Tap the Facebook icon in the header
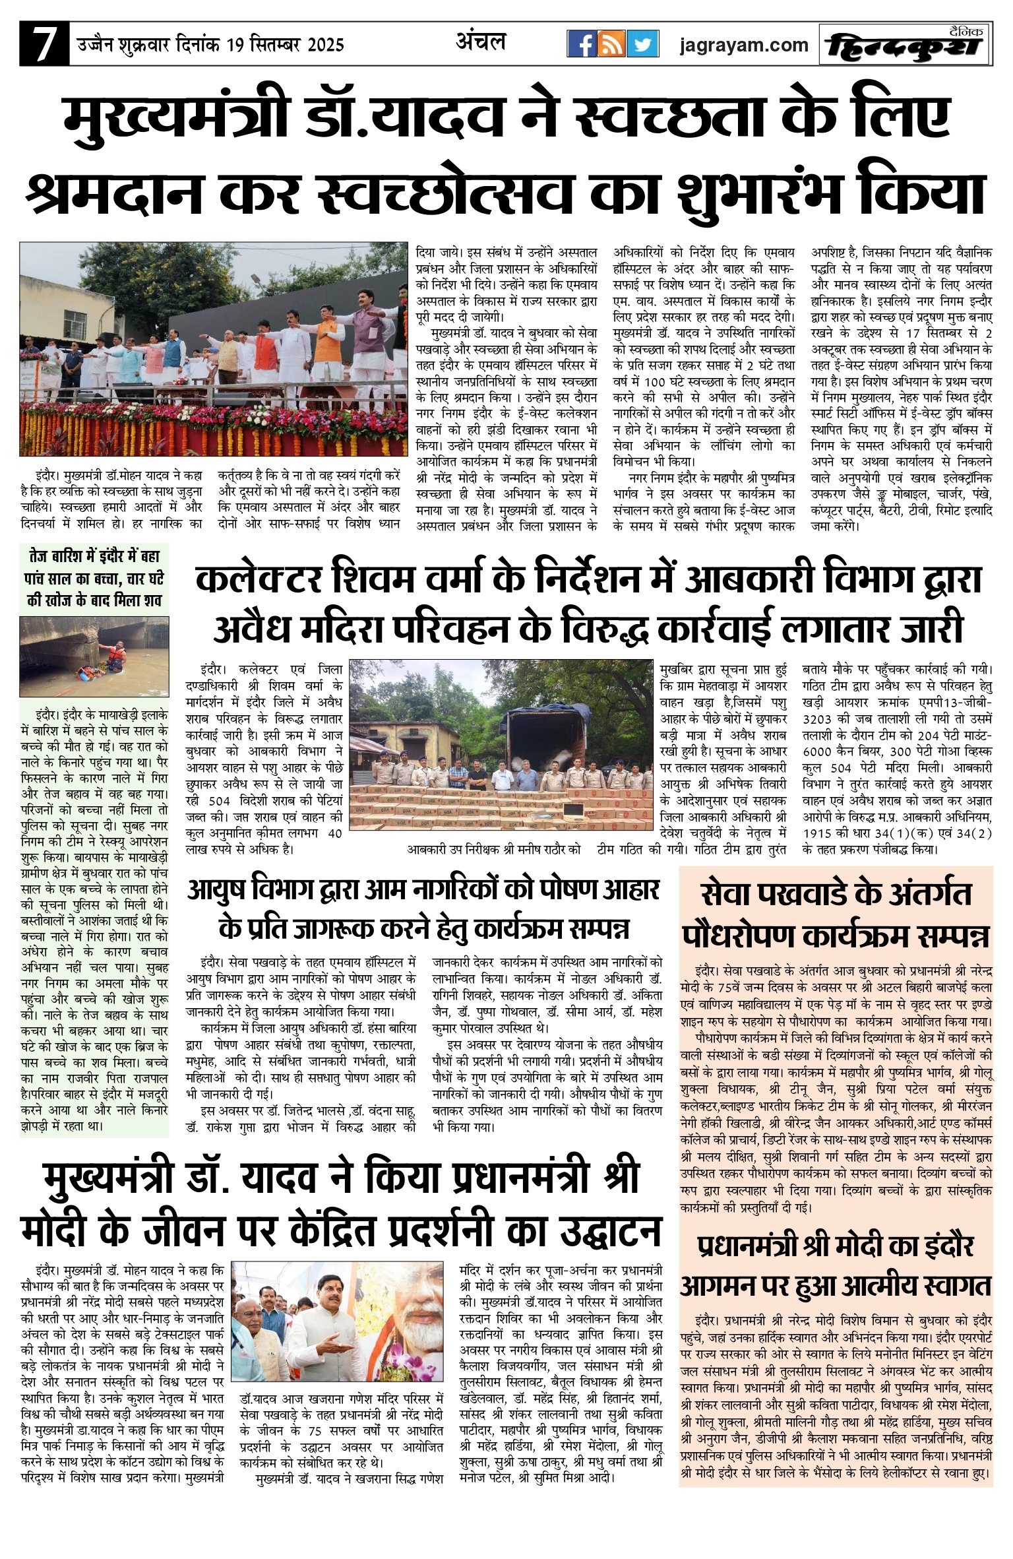click(583, 44)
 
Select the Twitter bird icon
click(642, 44)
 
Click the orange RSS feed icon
click(613, 44)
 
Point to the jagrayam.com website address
click(744, 45)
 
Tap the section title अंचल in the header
click(480, 43)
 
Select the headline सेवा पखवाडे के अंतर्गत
click(836, 895)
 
